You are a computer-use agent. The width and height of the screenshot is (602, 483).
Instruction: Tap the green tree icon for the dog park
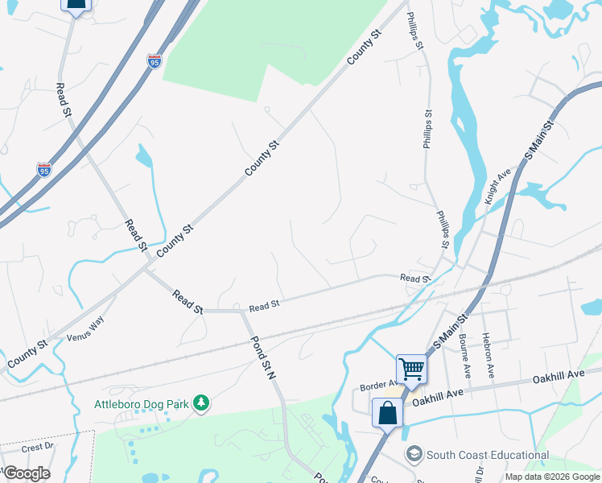(x=202, y=402)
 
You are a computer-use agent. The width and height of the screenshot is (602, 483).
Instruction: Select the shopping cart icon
(x=411, y=369)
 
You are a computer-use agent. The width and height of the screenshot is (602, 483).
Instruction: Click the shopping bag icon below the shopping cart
(x=387, y=413)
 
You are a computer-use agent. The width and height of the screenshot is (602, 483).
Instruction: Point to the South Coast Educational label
(x=488, y=455)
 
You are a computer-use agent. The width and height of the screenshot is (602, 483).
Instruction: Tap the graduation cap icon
(x=414, y=455)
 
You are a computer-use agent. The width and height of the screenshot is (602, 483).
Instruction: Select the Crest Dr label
(x=37, y=447)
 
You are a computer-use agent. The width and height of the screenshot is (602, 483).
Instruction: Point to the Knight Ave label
(x=499, y=186)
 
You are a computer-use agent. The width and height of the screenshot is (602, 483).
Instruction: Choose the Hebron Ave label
(x=489, y=355)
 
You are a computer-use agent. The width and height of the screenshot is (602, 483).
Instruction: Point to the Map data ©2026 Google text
(x=552, y=477)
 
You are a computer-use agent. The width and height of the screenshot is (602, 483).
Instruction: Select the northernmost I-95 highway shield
(x=155, y=60)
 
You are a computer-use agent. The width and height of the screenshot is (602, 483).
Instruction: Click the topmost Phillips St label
(x=414, y=31)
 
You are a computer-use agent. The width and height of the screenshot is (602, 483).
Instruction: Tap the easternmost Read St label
(x=415, y=278)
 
